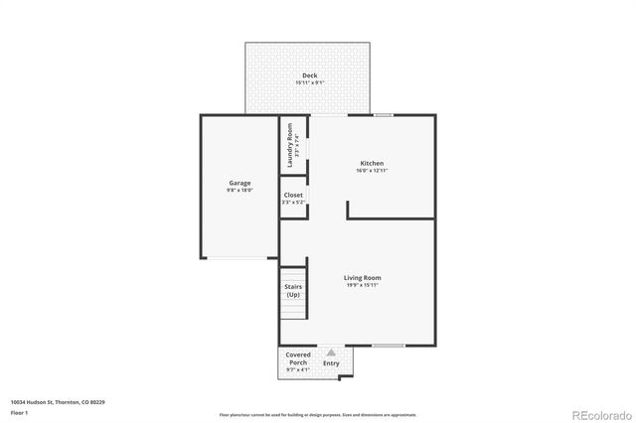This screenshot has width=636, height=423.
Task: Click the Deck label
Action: click(310, 75)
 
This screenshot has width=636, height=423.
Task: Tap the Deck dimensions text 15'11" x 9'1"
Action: click(310, 83)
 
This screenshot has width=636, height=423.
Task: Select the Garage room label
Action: click(239, 183)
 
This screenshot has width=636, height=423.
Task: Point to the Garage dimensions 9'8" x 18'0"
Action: click(239, 191)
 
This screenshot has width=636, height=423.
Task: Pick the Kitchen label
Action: click(372, 164)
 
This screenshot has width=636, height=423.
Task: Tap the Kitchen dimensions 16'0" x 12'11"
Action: click(372, 172)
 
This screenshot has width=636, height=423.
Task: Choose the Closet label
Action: click(294, 196)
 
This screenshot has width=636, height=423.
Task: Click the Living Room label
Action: click(363, 278)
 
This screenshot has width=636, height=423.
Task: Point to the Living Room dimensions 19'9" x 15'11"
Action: click(363, 286)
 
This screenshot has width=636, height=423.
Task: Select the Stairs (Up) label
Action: click(293, 291)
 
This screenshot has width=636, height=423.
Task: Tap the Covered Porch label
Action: click(298, 358)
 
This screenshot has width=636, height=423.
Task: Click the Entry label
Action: click(331, 363)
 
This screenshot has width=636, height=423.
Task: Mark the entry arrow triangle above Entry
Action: click(331, 352)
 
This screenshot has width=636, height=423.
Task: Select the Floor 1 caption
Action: click(20, 411)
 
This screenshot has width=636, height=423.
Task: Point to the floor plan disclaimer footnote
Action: click(318, 414)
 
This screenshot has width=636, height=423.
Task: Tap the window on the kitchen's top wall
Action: click(384, 115)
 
